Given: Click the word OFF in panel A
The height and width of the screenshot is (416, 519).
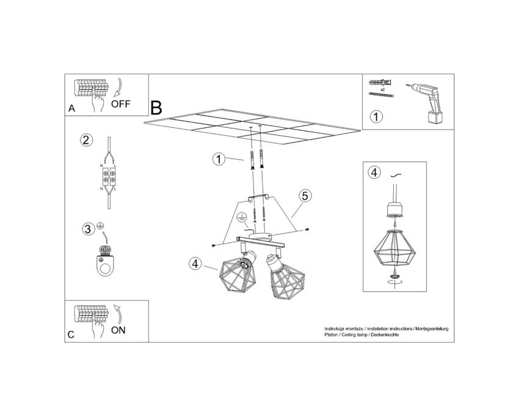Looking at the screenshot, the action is click(x=120, y=104).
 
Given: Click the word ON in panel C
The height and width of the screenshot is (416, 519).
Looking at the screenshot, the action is click(x=118, y=330).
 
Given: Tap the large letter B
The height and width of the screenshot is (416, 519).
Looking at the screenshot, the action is click(x=156, y=108).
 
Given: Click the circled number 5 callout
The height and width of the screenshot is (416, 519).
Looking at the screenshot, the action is click(x=305, y=196).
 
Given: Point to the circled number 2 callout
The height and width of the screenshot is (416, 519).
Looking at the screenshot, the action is click(x=86, y=140).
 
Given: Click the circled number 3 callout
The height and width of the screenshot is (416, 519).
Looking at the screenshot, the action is click(x=88, y=229).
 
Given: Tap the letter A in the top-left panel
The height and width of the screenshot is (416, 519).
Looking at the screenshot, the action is click(x=72, y=108).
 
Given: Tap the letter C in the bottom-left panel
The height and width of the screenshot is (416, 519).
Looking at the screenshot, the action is click(x=71, y=335).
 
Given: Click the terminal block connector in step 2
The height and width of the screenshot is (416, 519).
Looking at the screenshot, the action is click(x=109, y=176).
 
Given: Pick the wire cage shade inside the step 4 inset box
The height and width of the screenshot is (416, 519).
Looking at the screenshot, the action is click(x=393, y=248).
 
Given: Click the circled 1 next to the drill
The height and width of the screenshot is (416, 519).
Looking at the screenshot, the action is click(x=376, y=117).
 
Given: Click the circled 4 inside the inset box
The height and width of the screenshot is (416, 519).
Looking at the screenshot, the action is click(x=374, y=173).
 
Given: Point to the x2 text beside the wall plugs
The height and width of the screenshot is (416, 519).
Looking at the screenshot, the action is click(x=382, y=89).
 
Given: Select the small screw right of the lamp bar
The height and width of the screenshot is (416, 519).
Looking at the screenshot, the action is click(x=307, y=229).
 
